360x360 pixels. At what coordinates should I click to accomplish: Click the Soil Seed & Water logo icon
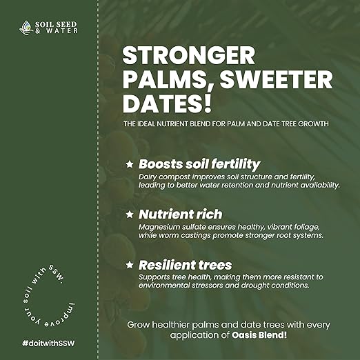coord(26,28)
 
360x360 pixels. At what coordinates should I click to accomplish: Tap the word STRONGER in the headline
coord(189,55)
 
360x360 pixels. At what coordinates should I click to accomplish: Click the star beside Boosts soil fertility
coord(130,164)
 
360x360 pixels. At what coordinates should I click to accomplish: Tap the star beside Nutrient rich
coord(130,214)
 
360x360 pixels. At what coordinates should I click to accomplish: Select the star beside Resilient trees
coord(130,265)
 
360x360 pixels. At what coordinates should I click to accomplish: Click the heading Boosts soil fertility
coord(199,164)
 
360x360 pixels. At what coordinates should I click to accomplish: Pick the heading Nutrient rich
coord(181,214)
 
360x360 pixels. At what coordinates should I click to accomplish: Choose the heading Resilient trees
coord(185,265)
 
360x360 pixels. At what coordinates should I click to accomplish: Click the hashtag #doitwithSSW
coord(48,343)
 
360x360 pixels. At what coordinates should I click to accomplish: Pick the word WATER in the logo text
coord(62,31)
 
